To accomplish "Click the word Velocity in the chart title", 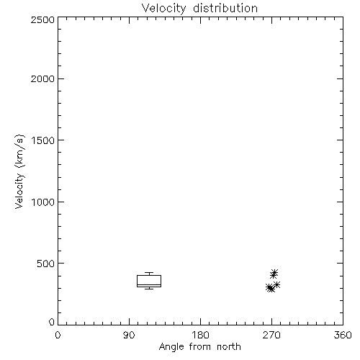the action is click(x=163, y=9).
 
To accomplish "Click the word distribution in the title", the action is click(x=225, y=8).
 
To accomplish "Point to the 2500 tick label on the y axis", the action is click(x=42, y=19).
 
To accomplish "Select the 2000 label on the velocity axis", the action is click(x=42, y=78).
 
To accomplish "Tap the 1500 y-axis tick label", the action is click(x=43, y=140).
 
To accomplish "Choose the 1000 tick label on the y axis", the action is click(x=43, y=202).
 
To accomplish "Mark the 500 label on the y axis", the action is click(x=46, y=264).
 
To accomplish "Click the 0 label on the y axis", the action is click(x=52, y=322).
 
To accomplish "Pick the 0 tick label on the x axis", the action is click(x=58, y=335).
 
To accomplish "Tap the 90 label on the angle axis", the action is click(x=129, y=335).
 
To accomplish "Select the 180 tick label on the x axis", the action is click(x=200, y=335).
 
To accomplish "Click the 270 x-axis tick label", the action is click(x=271, y=335).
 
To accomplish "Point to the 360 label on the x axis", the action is click(x=343, y=335).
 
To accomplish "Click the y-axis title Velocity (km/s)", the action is click(x=19, y=171).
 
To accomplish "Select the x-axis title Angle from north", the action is click(x=200, y=347).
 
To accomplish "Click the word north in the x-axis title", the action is click(x=229, y=347).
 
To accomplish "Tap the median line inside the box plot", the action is click(x=149, y=285).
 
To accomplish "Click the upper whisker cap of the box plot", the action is click(x=149, y=273).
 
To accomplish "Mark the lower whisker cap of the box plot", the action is click(x=149, y=289).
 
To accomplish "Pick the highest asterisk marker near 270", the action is click(x=274, y=272).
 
